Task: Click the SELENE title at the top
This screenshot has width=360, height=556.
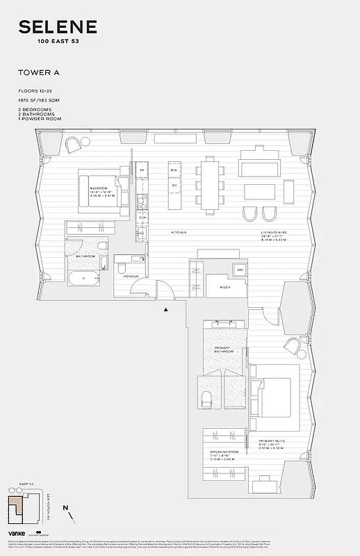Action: (58, 27)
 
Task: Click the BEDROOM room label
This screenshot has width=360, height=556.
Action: (98, 188)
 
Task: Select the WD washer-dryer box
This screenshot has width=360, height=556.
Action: (240, 269)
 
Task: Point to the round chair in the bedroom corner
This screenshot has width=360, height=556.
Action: (74, 145)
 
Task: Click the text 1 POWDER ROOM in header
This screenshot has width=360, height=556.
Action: (40, 119)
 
